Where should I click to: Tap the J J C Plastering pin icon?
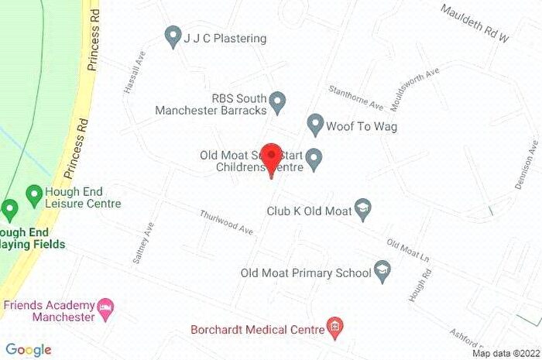[x=173, y=36]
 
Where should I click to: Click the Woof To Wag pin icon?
[x=314, y=124]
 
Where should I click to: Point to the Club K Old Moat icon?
[x=363, y=207]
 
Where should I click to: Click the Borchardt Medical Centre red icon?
[x=334, y=328]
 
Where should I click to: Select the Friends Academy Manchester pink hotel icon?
[x=107, y=310]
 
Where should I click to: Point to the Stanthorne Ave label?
[x=355, y=98]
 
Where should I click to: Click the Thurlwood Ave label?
[x=226, y=223]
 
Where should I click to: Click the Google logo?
[x=29, y=350]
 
